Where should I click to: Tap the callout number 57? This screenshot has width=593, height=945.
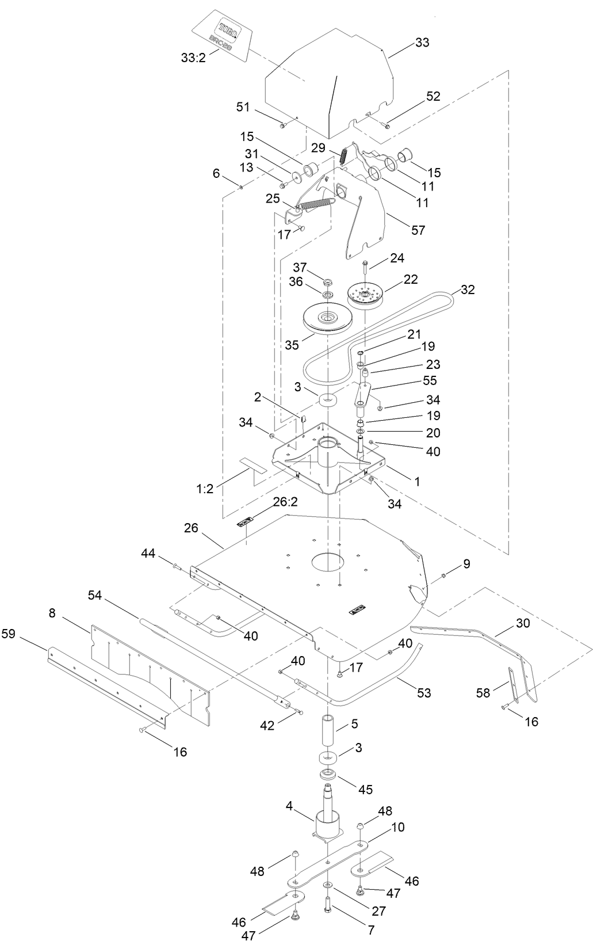point(418,230)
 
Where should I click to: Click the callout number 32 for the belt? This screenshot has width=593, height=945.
point(468,290)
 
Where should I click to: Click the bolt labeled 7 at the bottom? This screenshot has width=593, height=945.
point(327,904)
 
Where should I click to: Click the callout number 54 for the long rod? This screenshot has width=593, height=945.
point(94,596)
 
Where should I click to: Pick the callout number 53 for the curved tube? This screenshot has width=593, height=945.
point(423,693)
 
